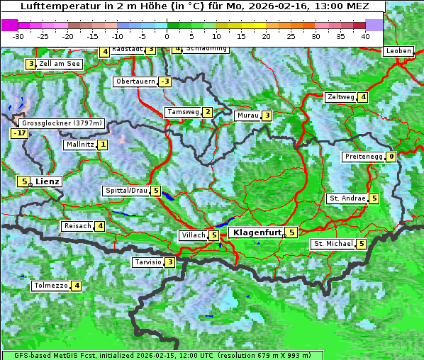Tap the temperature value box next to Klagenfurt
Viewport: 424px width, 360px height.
pos(291,232)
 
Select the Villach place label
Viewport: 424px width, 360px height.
pos(192,235)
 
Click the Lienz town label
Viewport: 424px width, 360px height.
pos(48,181)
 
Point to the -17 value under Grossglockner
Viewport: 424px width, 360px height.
pos(19,133)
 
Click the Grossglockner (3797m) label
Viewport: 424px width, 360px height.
pos(62,123)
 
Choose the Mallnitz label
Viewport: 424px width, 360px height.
pos(79,145)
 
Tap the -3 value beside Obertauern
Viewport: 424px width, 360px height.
pos(164,81)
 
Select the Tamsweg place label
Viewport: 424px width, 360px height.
pos(182,112)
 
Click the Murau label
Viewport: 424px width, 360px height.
pos(247,116)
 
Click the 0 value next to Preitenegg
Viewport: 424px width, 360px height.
pos(391,157)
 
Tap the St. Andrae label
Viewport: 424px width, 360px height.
pos(347,198)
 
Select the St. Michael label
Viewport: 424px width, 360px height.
pos(333,244)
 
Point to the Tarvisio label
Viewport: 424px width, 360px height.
pos(147,262)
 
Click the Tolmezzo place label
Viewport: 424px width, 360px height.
pos(50,286)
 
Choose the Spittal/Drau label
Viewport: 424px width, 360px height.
pos(126,191)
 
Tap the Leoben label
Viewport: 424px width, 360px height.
pos(398,51)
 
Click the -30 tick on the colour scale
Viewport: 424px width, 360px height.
pos(18,36)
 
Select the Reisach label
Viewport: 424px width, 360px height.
pos(78,226)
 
